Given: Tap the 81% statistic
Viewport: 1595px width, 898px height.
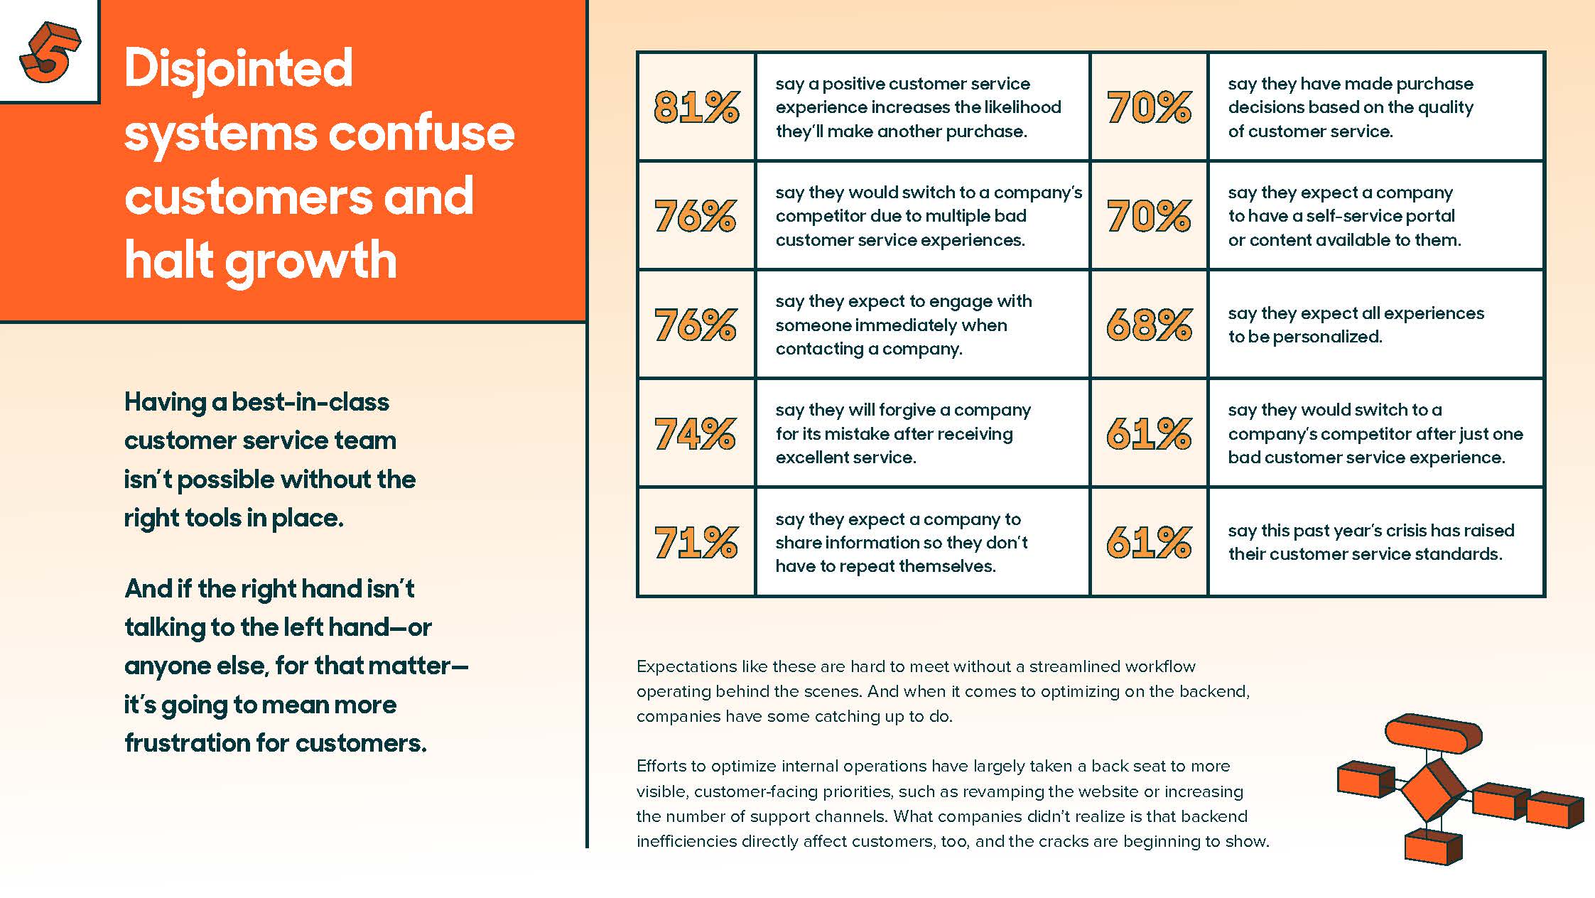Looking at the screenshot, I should [696, 107].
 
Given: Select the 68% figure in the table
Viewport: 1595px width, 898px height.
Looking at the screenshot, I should [1148, 325].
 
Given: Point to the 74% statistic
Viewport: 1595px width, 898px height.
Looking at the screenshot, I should [695, 433].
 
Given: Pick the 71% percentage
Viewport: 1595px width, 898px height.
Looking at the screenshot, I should [696, 543].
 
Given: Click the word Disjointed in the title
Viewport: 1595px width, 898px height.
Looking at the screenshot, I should [239, 69].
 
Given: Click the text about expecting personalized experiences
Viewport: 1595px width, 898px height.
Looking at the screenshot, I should [1355, 325].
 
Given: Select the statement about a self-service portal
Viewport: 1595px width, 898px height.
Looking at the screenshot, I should [1343, 216].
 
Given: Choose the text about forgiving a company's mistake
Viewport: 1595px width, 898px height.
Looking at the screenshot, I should [902, 433].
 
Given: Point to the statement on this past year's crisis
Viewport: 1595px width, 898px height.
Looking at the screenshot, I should [1370, 542].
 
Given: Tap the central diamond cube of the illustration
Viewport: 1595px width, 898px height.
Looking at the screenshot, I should [1433, 791].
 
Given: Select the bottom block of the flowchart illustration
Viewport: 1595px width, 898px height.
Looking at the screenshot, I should [1432, 845].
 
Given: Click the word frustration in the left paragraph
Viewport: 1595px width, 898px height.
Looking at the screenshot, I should [187, 743].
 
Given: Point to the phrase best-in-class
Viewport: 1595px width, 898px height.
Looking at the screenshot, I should [310, 402].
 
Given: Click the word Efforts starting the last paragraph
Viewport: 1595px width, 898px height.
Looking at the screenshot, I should [661, 766].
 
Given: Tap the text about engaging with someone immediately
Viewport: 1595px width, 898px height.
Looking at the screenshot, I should [903, 325].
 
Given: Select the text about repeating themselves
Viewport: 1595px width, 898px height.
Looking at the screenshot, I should [901, 543].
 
